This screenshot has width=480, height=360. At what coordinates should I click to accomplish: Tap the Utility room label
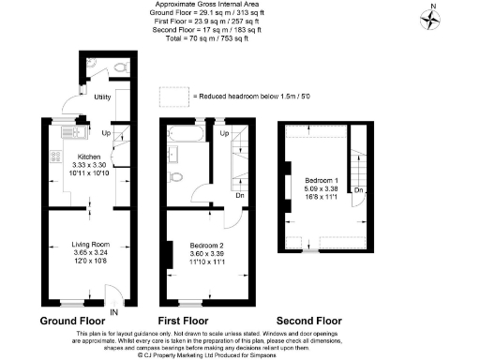coord(103,97)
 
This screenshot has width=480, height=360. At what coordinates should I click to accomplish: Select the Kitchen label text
coord(88,157)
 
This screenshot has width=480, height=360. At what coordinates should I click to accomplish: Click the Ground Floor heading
coord(71,321)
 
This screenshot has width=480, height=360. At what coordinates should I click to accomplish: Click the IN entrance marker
coord(113,311)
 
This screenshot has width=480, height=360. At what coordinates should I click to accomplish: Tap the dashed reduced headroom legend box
coord(172,97)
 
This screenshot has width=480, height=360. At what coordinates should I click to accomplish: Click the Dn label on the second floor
coord(358,190)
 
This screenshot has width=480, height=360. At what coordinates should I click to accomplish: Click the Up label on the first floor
coord(226,133)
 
